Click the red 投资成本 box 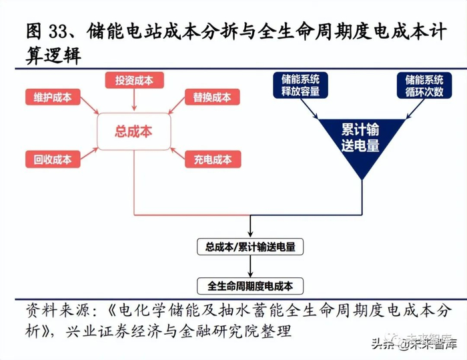coord(134,80)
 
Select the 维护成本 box coord(53,97)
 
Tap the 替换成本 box coord(212,97)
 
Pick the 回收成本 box coord(53,159)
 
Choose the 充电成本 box coord(213,159)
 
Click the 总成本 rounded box coord(134,131)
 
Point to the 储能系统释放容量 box coord(300,85)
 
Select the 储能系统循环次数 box coord(424,85)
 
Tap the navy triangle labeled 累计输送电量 coord(362,140)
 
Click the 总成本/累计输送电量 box coord(250,247)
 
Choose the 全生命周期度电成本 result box coord(250,286)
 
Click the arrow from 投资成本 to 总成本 coord(134,100)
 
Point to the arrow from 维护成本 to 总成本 coord(89,105)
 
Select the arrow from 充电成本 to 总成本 coord(177,153)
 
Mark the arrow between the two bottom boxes coord(250,266)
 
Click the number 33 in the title coord(59,31)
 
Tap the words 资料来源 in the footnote coord(57,311)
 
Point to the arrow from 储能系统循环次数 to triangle coord(415,109)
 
